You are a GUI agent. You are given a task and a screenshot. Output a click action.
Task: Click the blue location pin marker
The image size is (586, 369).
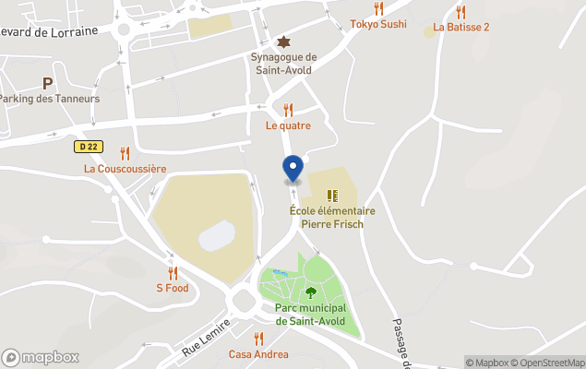293,169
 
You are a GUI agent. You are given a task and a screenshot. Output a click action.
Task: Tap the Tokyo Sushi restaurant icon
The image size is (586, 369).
378,9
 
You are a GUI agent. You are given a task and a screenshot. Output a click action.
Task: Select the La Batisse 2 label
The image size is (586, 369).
460,27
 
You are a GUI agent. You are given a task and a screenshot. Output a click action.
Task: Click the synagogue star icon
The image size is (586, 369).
283,42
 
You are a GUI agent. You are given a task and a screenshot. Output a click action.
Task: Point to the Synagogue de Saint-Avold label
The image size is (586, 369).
283,64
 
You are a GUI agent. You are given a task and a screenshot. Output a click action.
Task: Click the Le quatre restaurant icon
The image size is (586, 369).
288,110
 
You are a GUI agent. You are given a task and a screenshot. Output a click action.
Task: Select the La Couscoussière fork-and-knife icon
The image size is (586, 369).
125,153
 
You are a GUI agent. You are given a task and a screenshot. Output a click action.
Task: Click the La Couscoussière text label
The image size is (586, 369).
125,169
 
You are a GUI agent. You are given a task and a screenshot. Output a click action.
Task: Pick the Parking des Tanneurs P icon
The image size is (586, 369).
46,83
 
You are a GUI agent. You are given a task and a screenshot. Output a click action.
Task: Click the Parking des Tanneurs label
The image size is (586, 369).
49,99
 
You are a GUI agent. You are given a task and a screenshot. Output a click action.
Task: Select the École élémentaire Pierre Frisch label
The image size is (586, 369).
332,218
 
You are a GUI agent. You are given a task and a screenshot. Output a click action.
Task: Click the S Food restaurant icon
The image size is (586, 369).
172,273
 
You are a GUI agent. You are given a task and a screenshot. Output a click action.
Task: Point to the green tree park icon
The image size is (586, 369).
310,292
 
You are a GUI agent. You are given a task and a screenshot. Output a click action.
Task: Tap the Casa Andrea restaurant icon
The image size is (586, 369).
258,339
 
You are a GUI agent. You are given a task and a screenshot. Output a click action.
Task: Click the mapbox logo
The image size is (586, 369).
40,357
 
